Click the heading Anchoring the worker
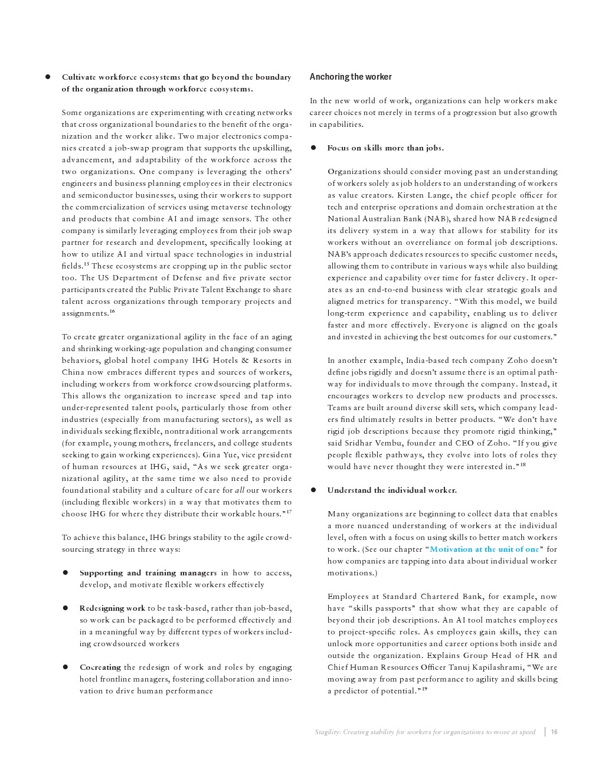(350, 77)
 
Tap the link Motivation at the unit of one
(484, 549)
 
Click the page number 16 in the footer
(554, 732)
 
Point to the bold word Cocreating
(100, 667)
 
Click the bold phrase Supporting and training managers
(148, 573)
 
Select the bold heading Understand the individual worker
(392, 490)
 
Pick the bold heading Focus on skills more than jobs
(385, 148)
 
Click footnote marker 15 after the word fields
(86, 264)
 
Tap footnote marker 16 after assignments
(112, 311)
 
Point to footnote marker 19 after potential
(424, 689)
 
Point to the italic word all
(240, 490)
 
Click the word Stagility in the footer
(325, 732)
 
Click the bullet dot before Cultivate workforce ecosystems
(47, 77)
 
